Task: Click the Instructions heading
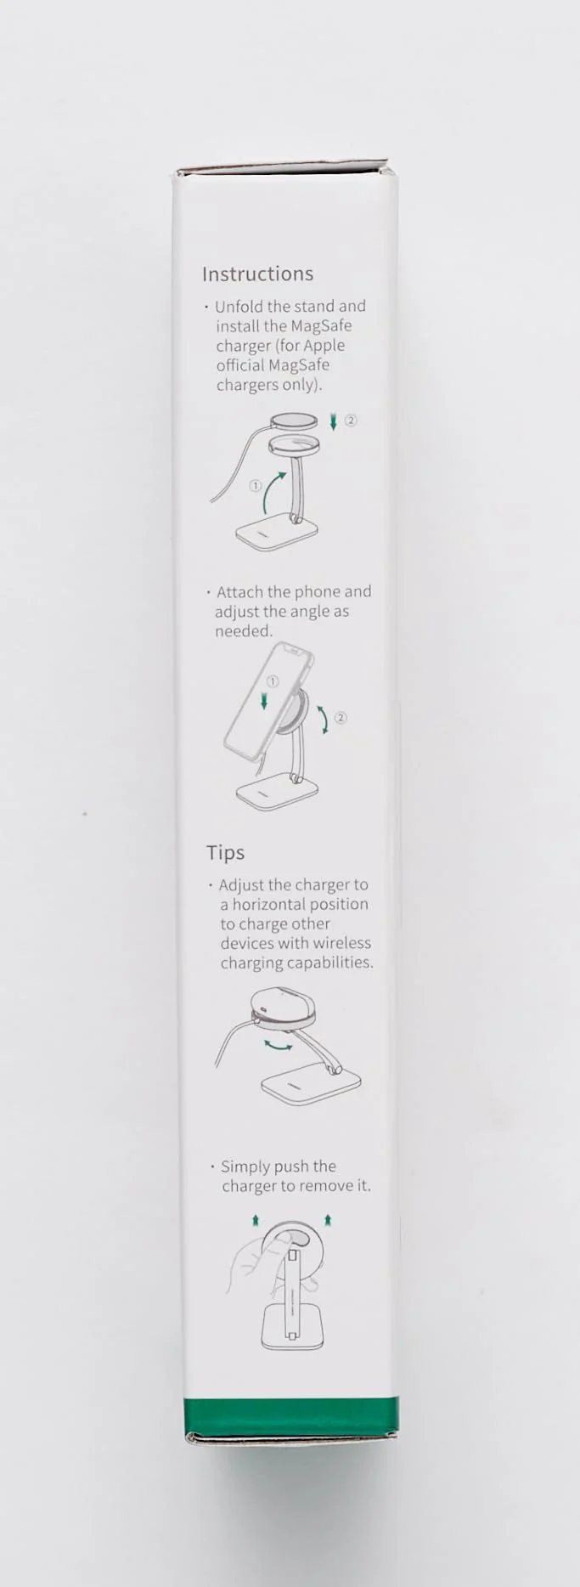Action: pos(257,274)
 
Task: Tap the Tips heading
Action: pos(225,852)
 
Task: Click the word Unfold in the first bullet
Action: pos(239,306)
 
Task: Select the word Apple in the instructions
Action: pos(324,346)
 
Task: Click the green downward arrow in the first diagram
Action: pos(334,421)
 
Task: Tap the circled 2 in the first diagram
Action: pos(351,420)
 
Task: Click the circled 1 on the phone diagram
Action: pos(273,681)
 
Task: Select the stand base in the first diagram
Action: pos(277,535)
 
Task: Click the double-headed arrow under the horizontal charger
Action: pos(279,1045)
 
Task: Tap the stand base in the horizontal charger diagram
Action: pos(311,1087)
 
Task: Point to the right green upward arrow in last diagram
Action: pos(328,1220)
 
